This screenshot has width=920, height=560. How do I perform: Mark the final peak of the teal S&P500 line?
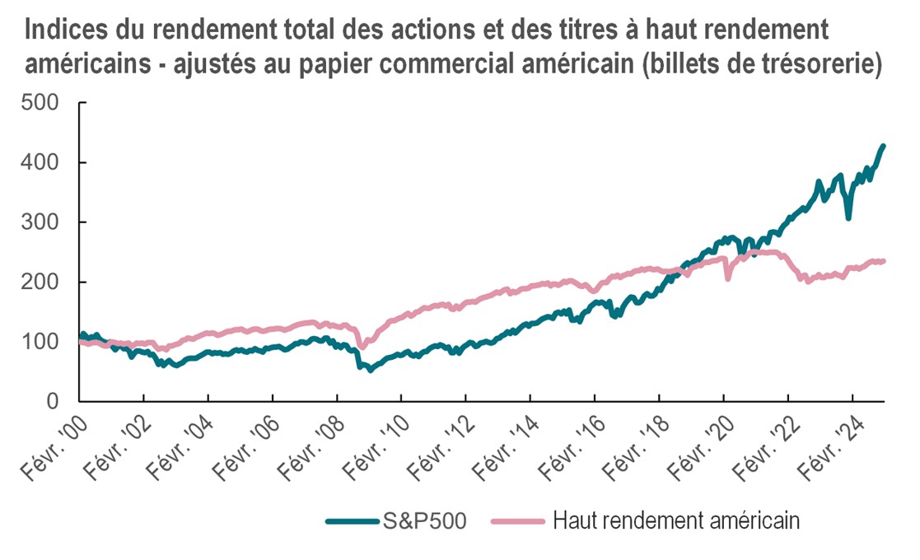(x=883, y=147)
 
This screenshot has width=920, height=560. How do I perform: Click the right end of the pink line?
(x=884, y=261)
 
